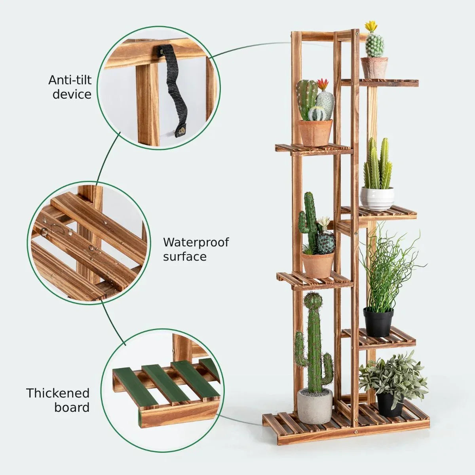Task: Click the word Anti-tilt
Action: [70, 80]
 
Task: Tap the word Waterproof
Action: [196, 242]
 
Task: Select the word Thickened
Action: [58, 393]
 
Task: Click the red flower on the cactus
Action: [323, 84]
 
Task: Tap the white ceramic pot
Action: [377, 198]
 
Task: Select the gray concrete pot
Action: [315, 406]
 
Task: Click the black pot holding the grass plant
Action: [378, 322]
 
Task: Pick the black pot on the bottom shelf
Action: [390, 404]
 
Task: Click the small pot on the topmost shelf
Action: [374, 68]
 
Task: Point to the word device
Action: [72, 94]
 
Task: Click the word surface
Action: [185, 256]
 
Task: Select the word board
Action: [72, 407]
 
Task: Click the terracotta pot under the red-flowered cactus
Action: [315, 133]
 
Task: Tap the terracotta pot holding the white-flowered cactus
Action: [318, 265]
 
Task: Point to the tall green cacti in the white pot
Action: [378, 164]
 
